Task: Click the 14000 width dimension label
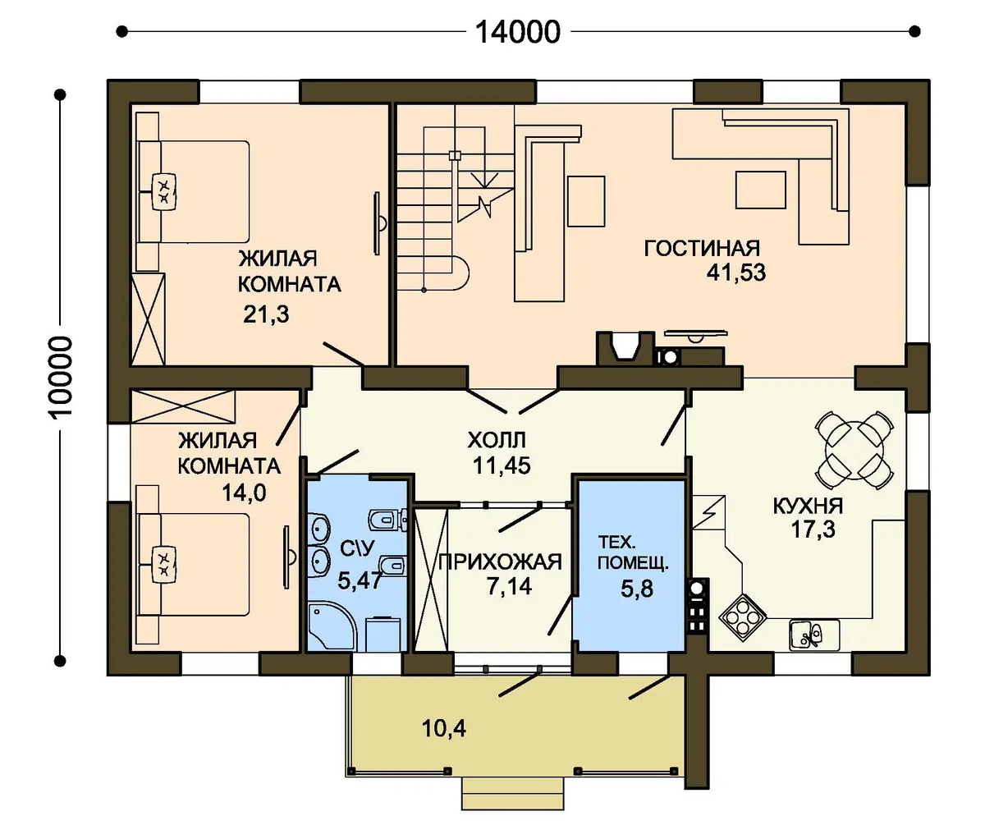tap(517, 32)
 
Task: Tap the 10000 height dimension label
tap(61, 378)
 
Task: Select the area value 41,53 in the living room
tap(736, 273)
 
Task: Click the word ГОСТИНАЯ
tap(702, 248)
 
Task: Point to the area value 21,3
tap(266, 314)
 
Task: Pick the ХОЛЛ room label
tap(497, 441)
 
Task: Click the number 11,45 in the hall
tap(502, 465)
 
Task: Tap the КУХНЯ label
tap(808, 506)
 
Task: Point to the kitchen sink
tap(814, 635)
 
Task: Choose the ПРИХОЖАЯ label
tap(500, 562)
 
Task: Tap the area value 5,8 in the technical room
tap(637, 589)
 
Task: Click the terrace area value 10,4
tap(444, 728)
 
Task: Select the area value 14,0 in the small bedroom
tap(244, 493)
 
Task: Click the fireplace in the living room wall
tap(625, 349)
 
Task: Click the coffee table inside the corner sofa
tap(760, 190)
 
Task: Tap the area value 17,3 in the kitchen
tap(813, 529)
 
